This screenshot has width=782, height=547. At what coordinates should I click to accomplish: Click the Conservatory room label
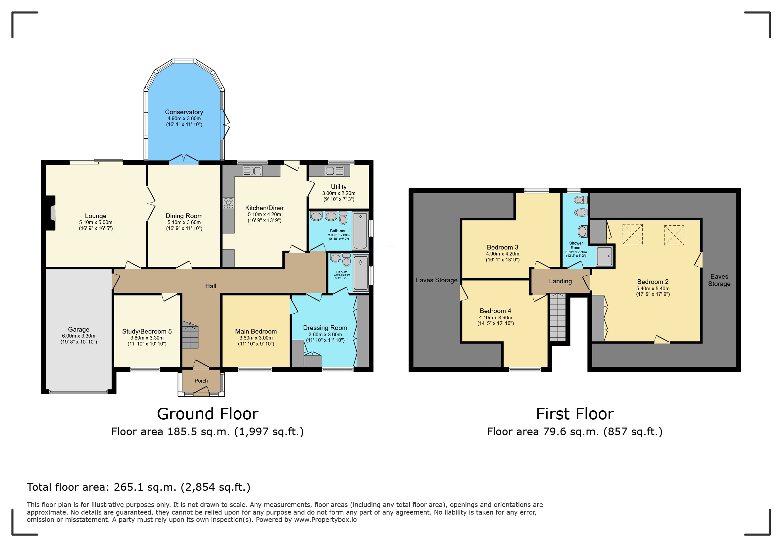[x=184, y=112]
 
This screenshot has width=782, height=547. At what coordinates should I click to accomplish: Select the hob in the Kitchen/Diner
[x=228, y=203]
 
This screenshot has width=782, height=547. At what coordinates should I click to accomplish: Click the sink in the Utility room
[x=335, y=171]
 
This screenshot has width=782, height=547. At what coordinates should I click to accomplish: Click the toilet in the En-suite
[x=346, y=260]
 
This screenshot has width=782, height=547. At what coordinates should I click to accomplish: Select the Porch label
[x=201, y=381]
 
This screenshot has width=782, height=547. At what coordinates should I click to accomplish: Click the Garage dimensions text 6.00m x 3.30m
[x=79, y=336]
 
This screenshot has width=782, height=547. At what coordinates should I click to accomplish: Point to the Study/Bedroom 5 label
[x=147, y=331]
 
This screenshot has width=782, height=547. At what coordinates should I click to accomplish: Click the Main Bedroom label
[x=256, y=331]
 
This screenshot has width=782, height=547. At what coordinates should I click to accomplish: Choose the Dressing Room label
[x=325, y=328]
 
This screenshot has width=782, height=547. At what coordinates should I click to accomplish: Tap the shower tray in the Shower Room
[x=605, y=256]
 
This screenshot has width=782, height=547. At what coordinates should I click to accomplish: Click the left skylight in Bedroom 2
[x=632, y=234]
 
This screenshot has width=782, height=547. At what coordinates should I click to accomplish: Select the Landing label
[x=560, y=281]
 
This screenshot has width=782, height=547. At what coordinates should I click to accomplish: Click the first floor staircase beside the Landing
[x=558, y=317]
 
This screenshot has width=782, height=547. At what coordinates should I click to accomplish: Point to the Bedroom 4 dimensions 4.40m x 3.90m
[x=495, y=318]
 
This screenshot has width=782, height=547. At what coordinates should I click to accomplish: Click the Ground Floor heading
[x=208, y=414]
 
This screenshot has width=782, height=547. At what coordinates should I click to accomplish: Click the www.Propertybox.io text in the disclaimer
[x=325, y=520]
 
